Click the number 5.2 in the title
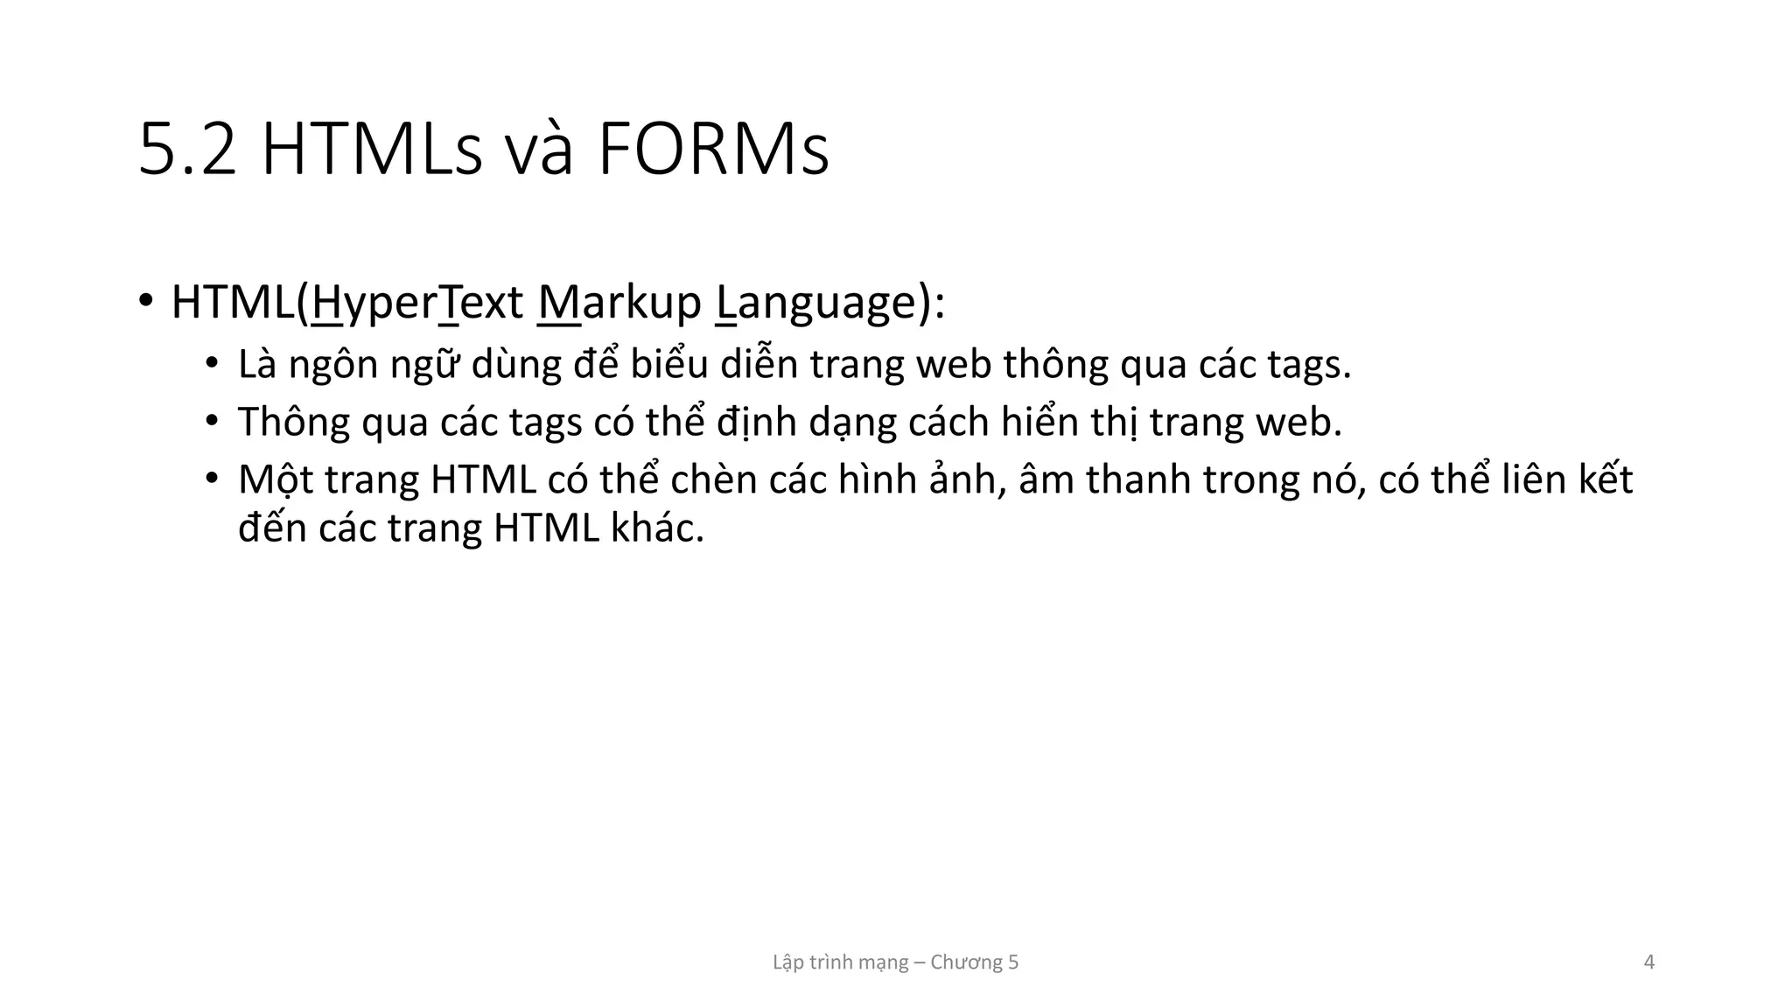coord(188,150)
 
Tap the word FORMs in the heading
coord(713,150)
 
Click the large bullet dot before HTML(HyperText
coord(145,300)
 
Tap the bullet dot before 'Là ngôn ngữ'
coord(211,363)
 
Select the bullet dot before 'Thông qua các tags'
coord(211,421)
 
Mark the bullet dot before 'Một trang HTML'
coord(211,479)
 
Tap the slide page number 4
coord(1649,962)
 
